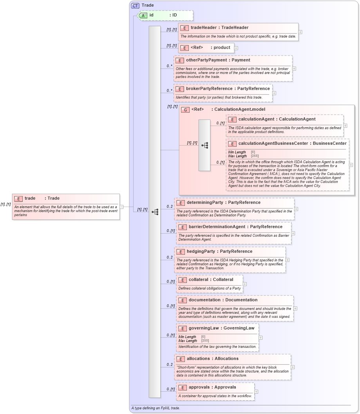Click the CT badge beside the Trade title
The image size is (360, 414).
click(x=135, y=5)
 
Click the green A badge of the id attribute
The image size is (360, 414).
click(x=143, y=15)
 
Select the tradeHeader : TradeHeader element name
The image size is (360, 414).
click(x=219, y=28)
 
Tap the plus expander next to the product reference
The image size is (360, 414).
click(x=236, y=48)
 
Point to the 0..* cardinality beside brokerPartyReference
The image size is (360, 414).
click(x=169, y=90)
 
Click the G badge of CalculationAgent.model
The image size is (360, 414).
click(x=185, y=110)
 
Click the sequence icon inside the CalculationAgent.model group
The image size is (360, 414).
click(x=204, y=145)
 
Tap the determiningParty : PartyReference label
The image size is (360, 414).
click(x=223, y=203)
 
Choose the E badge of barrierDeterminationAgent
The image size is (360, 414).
click(x=182, y=227)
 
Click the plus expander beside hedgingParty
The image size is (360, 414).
click(x=287, y=260)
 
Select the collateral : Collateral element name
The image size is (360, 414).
click(x=211, y=280)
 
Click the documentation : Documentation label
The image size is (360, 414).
click(x=223, y=300)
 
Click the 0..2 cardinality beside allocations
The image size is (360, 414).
click(x=169, y=365)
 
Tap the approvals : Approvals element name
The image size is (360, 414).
click(x=212, y=387)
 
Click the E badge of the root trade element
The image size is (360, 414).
click(x=18, y=199)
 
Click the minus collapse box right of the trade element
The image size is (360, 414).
click(x=121, y=207)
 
